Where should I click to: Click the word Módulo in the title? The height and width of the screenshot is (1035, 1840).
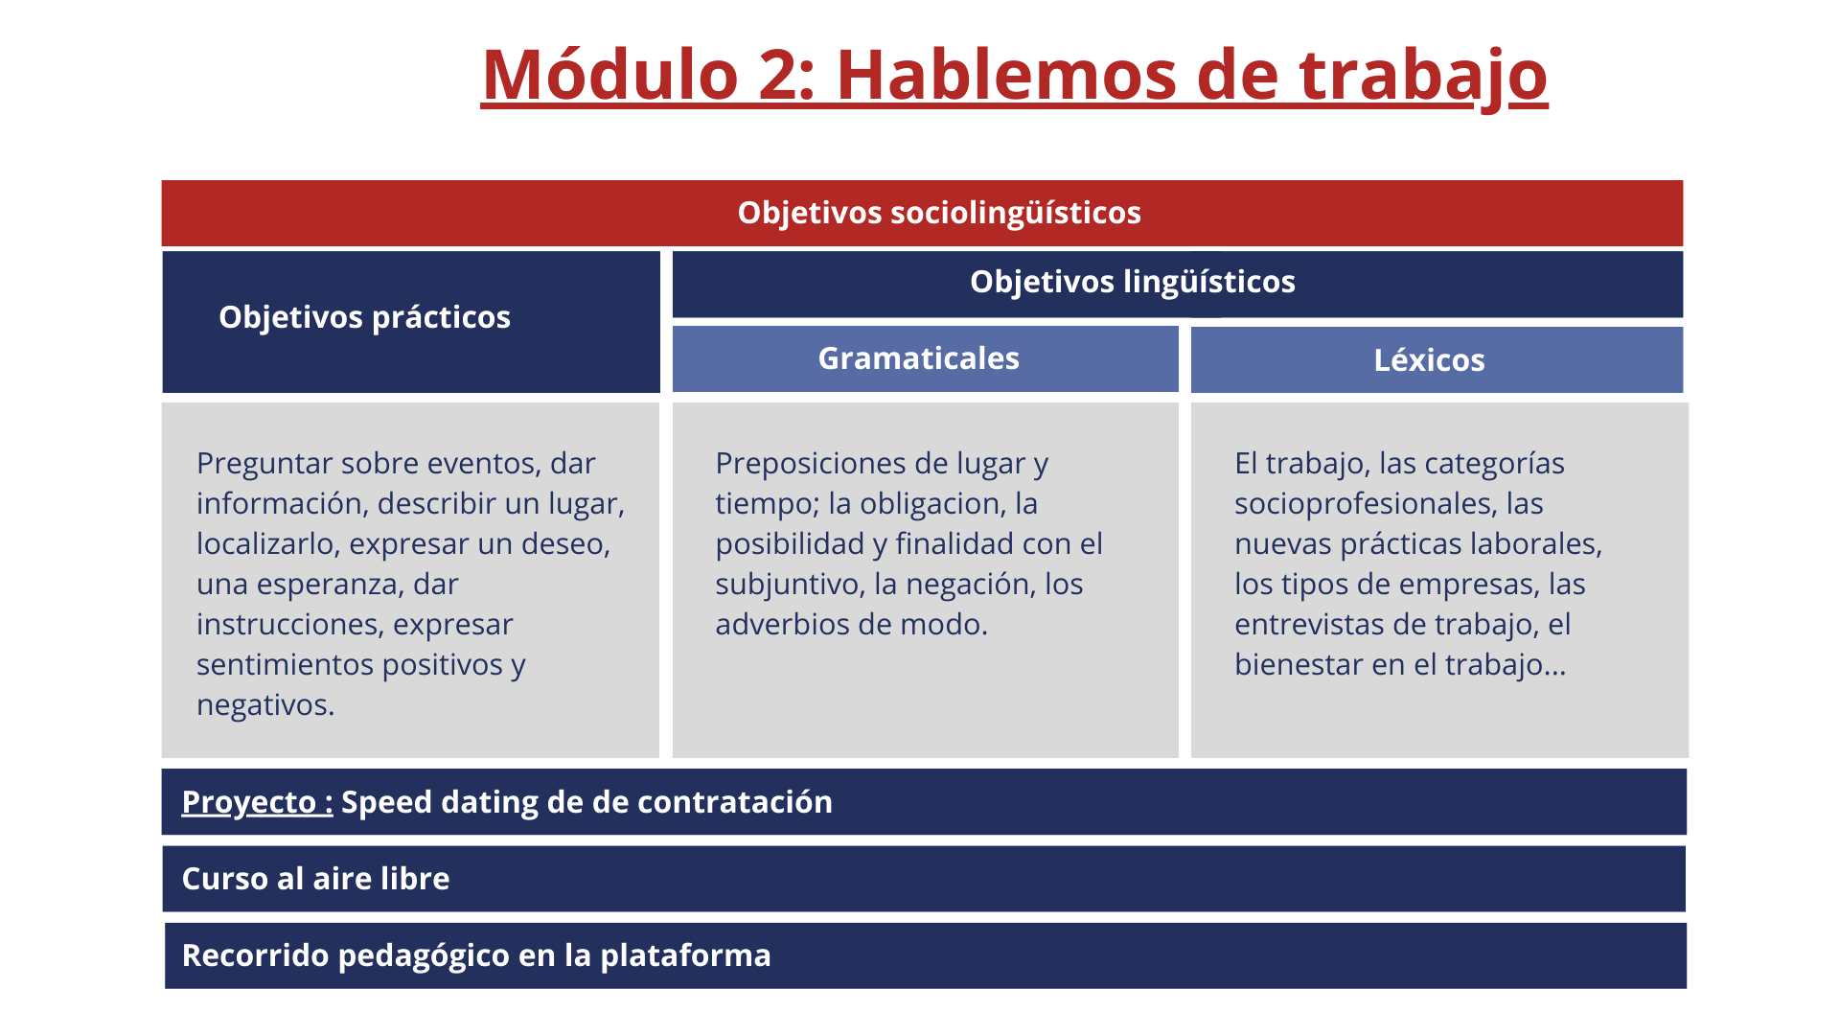pos(610,74)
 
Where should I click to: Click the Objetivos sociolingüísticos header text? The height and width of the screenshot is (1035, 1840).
pos(939,213)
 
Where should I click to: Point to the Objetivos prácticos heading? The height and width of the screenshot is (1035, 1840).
pos(364,317)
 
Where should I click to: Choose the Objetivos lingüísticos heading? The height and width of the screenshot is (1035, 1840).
pos(1133,282)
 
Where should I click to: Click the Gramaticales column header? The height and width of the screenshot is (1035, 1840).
pos(918,358)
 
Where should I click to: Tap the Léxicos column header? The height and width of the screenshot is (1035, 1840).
pos(1429,360)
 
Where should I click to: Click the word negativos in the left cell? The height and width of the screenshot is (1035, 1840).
pos(265,705)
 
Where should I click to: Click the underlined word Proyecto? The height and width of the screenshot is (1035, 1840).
pos(249,803)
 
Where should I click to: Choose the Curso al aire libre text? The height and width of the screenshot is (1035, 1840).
pos(315,879)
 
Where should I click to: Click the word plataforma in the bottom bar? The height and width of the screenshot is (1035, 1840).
pos(685,956)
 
